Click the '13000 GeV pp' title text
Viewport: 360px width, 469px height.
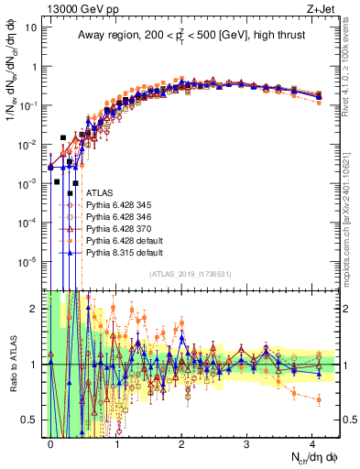pos(71,7)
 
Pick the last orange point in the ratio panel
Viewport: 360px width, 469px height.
pos(318,400)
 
